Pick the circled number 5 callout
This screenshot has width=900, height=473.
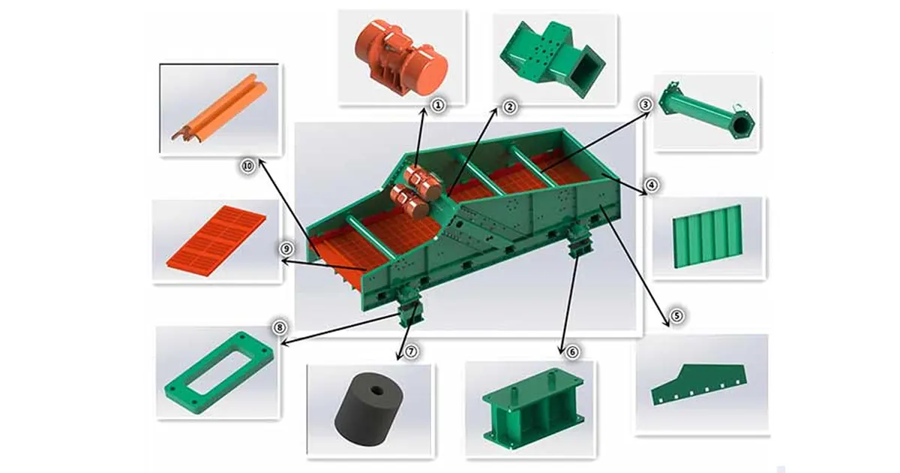click(676, 316)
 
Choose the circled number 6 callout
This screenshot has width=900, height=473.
click(573, 351)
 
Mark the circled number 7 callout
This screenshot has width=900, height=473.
click(410, 351)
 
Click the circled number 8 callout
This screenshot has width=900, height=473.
click(280, 327)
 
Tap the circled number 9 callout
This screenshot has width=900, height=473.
click(285, 248)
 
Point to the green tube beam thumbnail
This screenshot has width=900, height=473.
click(705, 113)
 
